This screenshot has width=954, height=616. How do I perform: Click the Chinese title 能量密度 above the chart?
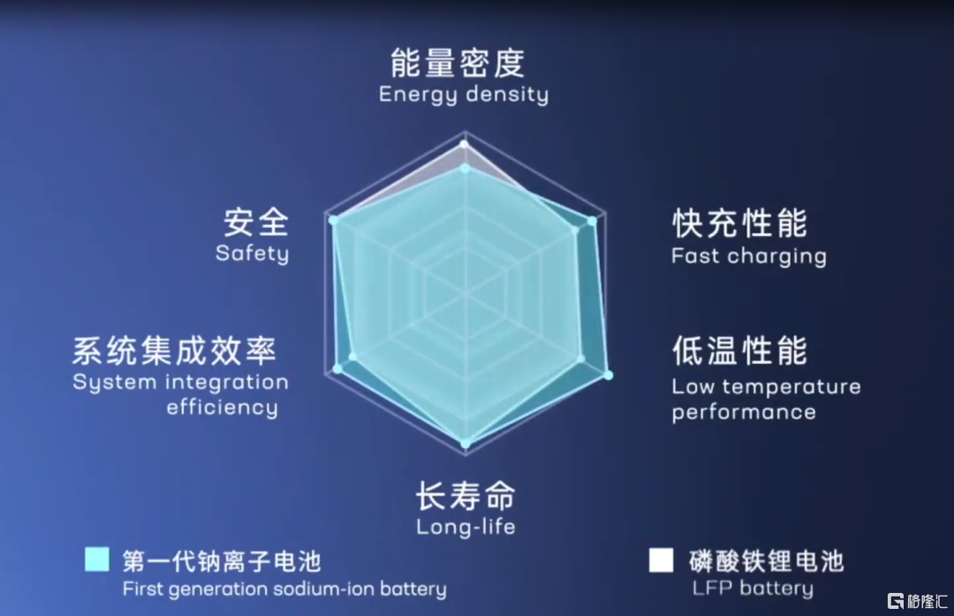458,63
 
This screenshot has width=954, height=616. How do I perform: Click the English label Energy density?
464,95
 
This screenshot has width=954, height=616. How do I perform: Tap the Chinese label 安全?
256,222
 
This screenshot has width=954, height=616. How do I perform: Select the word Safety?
252,254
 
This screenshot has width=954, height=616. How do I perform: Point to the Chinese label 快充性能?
740,224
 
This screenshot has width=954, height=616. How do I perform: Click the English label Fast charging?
749,256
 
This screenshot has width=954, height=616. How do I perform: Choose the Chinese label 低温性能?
740,351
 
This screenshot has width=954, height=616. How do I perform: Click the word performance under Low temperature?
744,413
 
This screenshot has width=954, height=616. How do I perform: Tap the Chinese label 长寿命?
466,496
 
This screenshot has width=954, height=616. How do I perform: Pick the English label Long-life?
466,527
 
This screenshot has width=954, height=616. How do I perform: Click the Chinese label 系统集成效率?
175,351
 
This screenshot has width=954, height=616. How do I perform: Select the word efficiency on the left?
222,407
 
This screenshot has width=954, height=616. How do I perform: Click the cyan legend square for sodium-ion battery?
97,559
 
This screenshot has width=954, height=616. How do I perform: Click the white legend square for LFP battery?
662,560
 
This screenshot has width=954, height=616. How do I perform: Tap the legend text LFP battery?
753,589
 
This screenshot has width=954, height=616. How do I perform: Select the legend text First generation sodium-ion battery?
284,589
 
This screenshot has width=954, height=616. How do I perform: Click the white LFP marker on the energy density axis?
465,144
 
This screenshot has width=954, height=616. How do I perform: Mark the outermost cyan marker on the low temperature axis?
608,376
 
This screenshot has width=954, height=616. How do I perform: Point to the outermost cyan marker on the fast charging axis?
592,222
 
